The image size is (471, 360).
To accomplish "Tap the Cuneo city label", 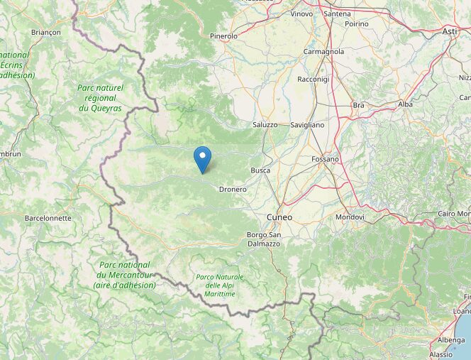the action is click(x=279, y=217).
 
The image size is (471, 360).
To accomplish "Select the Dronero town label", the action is click(x=233, y=190).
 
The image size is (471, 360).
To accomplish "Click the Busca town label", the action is click(x=260, y=171).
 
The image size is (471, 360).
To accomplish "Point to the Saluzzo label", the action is click(x=265, y=125).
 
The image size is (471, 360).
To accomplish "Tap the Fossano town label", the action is click(x=326, y=159).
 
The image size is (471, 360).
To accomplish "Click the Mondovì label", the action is click(x=350, y=217).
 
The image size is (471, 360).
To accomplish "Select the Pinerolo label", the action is click(x=224, y=36).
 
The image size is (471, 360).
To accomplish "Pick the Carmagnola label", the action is click(x=323, y=52).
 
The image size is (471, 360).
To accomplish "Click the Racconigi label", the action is click(x=314, y=80).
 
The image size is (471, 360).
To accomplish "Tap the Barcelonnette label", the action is click(x=48, y=218).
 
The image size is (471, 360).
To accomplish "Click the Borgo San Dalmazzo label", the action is click(x=264, y=239).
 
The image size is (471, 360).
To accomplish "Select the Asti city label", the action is click(x=450, y=32).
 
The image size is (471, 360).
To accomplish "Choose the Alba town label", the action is click(x=405, y=104).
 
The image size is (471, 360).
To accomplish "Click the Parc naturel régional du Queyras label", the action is click(x=100, y=98).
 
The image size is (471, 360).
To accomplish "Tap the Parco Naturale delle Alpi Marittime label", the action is click(x=220, y=285).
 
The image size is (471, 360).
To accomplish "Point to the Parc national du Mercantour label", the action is click(x=124, y=275).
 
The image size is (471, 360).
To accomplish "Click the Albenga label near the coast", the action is click(x=451, y=340).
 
